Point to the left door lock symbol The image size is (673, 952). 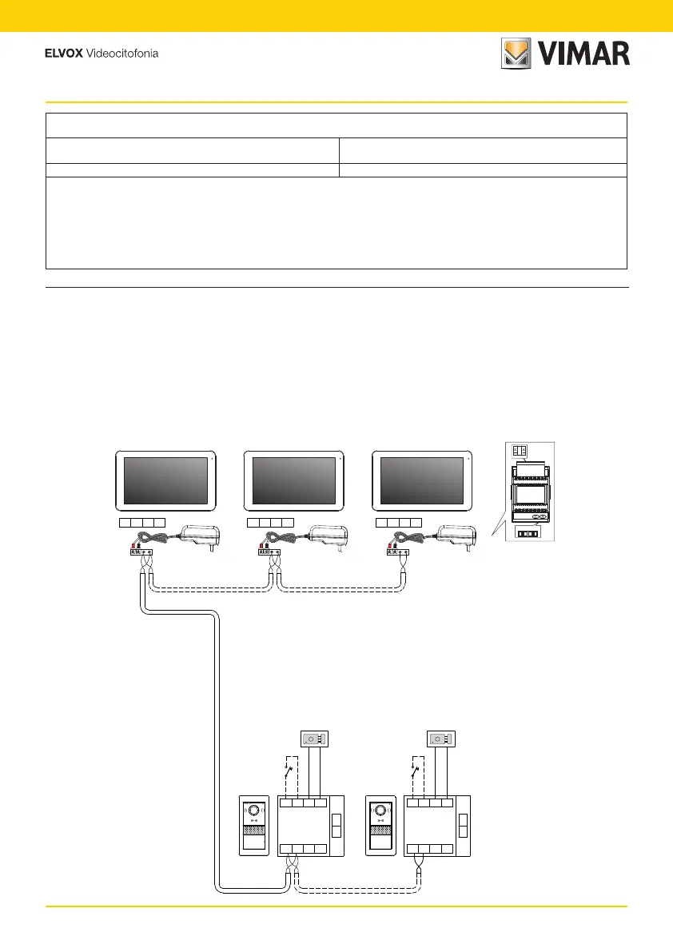click(x=314, y=739)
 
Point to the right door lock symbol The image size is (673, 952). click(x=440, y=739)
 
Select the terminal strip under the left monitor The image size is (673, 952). click(x=141, y=523)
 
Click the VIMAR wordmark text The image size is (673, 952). click(x=583, y=54)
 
